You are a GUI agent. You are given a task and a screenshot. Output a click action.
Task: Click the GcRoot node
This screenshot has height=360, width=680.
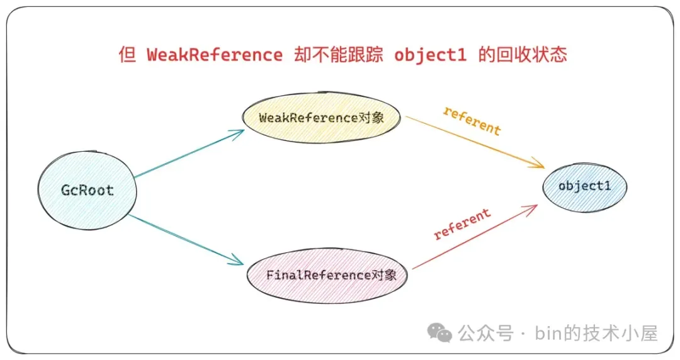[x=87, y=190]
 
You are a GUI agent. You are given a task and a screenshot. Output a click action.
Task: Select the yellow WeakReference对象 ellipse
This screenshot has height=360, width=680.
[x=321, y=118]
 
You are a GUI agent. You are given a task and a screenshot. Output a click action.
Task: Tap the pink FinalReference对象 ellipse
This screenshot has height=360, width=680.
[x=327, y=275]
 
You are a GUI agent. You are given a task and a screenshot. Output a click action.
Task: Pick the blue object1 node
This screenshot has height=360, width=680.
[x=584, y=186]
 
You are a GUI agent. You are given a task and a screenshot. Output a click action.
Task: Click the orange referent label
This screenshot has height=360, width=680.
[x=472, y=121]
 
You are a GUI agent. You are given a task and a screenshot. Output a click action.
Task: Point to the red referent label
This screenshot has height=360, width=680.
[x=462, y=225]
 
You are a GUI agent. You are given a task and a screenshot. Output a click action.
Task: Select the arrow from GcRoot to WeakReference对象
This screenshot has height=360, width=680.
[x=189, y=154]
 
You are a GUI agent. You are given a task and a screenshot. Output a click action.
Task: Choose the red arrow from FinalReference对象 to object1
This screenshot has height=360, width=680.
[x=475, y=237]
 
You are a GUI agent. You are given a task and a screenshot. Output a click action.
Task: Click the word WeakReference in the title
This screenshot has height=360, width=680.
[x=215, y=55]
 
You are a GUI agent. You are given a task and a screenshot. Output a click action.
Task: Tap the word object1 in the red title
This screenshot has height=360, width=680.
[x=431, y=55]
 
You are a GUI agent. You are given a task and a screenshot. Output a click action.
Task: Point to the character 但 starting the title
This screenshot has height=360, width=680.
[x=127, y=55]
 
